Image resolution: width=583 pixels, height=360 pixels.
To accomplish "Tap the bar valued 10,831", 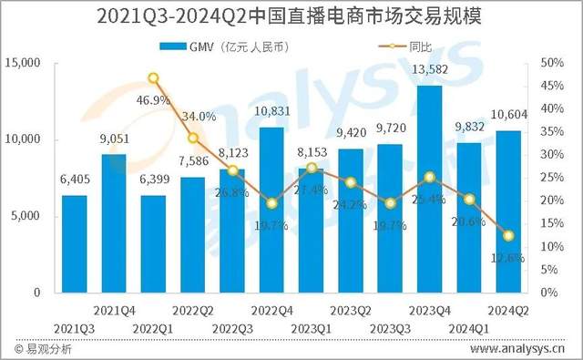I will click(x=271, y=210).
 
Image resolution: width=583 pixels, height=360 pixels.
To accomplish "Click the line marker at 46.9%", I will click(x=153, y=78).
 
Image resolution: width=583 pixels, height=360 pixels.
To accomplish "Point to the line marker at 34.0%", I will click(x=193, y=138).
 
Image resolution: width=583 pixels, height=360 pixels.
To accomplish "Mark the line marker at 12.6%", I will click(x=508, y=236).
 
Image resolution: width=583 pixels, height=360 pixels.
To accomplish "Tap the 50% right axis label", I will click(x=552, y=63).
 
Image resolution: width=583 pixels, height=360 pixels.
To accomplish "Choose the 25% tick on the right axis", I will click(x=552, y=178).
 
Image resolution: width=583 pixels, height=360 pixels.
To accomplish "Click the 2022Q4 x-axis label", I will click(x=271, y=310).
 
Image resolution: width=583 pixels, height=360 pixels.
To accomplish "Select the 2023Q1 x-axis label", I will click(x=311, y=327).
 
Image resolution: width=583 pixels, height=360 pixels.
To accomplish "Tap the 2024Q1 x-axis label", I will click(x=468, y=327).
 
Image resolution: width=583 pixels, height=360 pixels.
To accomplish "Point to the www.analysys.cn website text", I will click(x=517, y=349).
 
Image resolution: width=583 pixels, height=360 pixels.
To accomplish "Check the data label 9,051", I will click(x=114, y=139).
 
